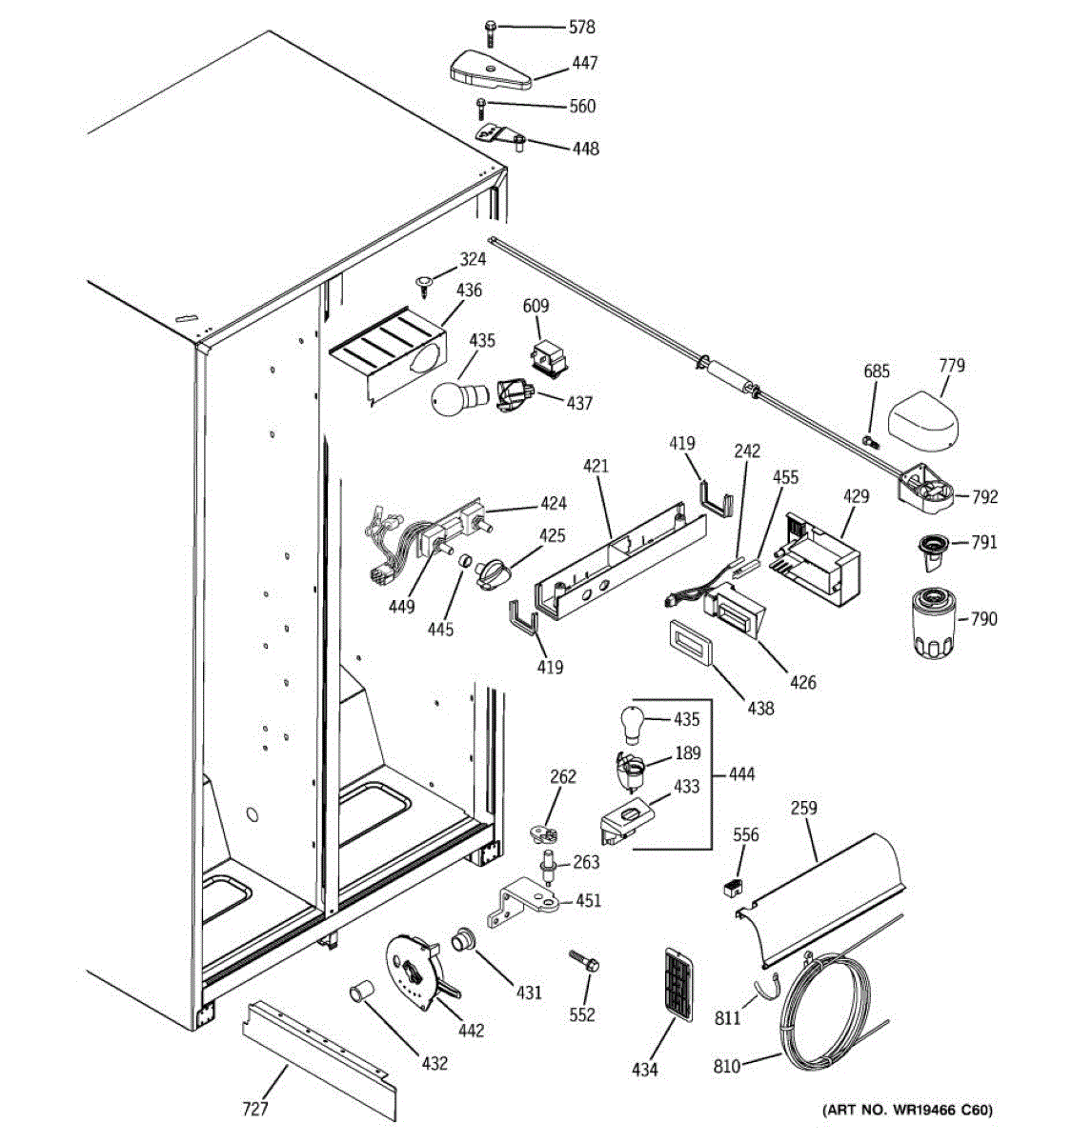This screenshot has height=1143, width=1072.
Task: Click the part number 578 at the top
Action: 582,28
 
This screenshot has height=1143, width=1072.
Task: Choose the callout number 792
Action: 984,496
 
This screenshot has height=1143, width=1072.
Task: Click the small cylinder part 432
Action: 359,993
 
